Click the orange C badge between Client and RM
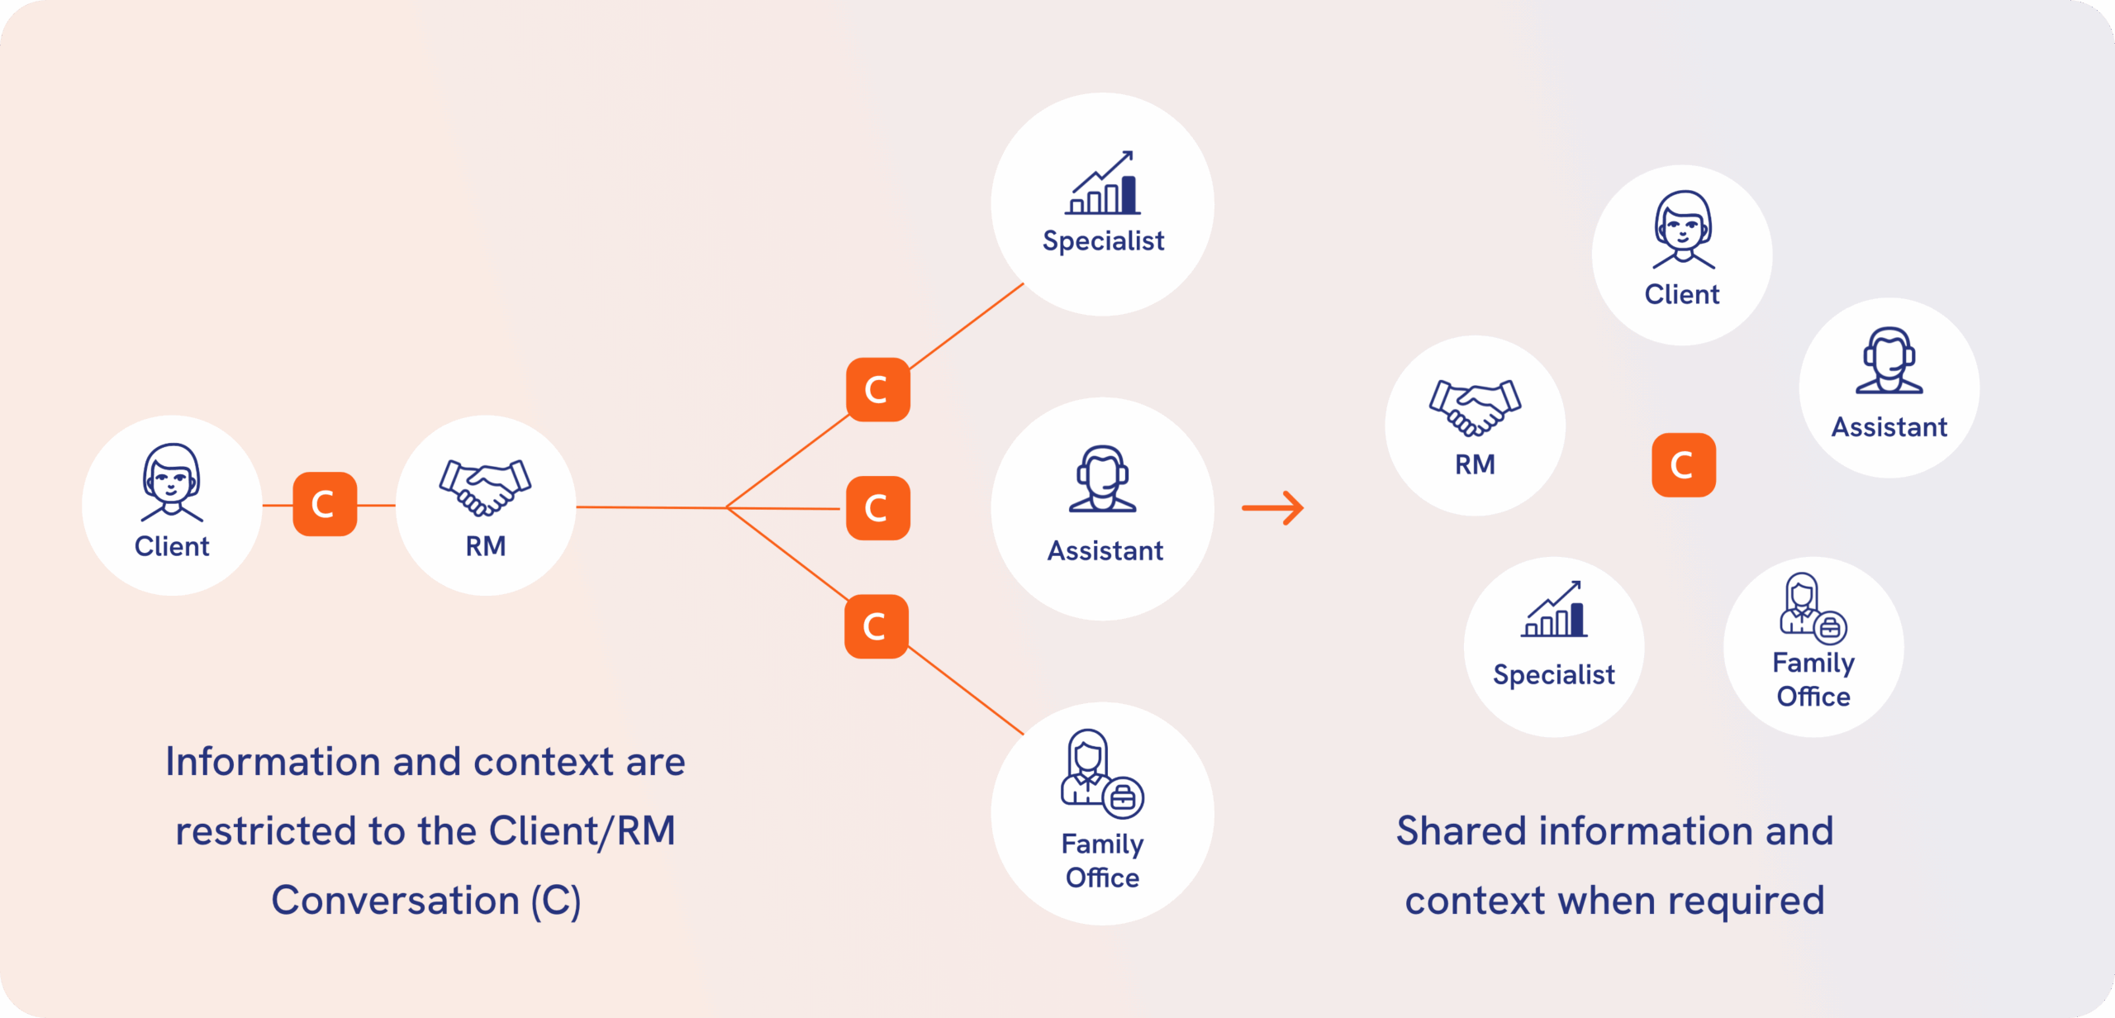click(x=325, y=504)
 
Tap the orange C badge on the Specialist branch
click(x=877, y=389)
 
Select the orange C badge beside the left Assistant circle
click(x=877, y=508)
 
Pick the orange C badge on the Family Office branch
click(x=876, y=626)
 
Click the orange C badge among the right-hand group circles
click(x=1683, y=465)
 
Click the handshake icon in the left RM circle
click(x=485, y=488)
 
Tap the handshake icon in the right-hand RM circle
click(x=1475, y=407)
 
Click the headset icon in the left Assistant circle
click(x=1103, y=479)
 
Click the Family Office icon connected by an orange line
click(x=1102, y=773)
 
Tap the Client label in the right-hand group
click(x=1682, y=295)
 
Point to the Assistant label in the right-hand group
click(x=1889, y=427)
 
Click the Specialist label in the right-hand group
click(x=1553, y=675)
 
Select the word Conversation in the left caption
click(x=395, y=901)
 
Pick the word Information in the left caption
click(x=273, y=762)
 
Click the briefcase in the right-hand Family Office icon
click(x=1830, y=628)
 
